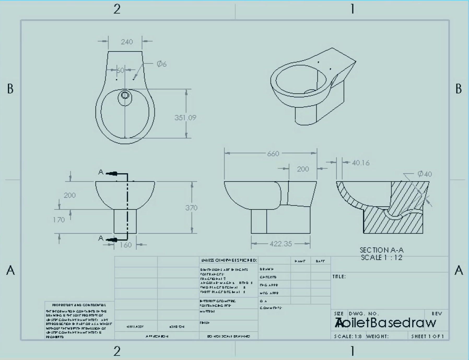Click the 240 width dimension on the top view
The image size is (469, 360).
[127, 42]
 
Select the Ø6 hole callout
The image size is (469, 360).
[161, 64]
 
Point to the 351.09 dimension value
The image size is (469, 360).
[185, 118]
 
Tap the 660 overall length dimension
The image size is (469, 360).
[273, 154]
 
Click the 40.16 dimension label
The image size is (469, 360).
[361, 163]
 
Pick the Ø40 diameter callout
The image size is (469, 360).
[425, 174]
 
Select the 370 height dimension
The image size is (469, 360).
[191, 208]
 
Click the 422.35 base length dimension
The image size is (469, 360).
[280, 244]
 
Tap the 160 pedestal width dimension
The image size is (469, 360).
[126, 245]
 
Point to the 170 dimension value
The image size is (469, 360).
[59, 220]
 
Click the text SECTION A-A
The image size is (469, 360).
[382, 250]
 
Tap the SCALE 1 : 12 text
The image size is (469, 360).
[382, 257]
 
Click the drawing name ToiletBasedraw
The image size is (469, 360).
[385, 323]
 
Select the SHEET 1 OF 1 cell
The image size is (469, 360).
[427, 336]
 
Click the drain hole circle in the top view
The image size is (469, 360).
[125, 95]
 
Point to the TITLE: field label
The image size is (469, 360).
[339, 277]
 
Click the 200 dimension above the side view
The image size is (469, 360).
[303, 169]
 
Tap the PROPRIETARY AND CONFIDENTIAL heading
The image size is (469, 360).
[79, 305]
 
